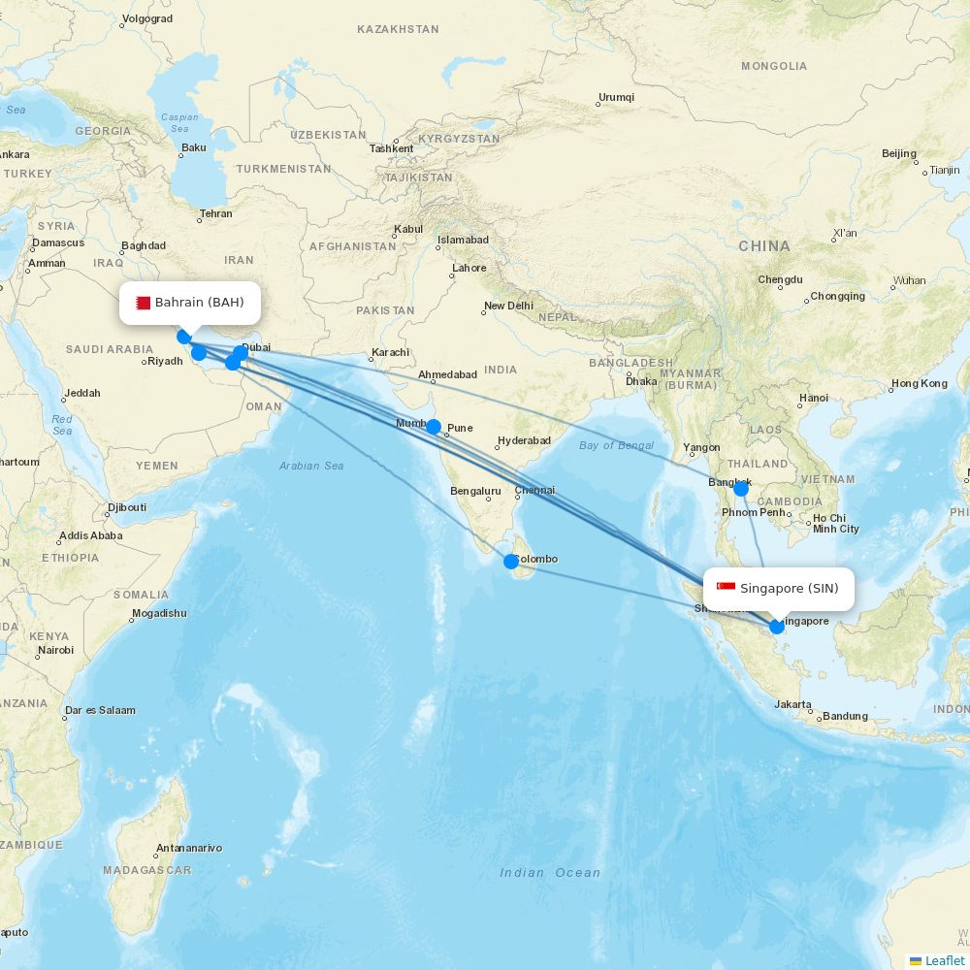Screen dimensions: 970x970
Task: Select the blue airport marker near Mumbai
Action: [434, 427]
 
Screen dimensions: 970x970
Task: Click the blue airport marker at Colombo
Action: [511, 561]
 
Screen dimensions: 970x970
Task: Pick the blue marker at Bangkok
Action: [741, 489]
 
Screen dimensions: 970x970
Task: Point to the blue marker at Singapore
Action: [777, 627]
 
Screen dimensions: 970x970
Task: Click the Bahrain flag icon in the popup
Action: [143, 303]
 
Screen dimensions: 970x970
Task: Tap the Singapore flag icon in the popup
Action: [726, 588]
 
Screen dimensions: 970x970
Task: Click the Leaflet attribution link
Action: [944, 960]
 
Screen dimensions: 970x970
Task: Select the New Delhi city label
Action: [509, 306]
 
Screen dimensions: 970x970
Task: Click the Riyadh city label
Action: [165, 361]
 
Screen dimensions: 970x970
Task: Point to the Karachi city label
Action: [391, 352]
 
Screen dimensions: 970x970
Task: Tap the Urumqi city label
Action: [616, 97]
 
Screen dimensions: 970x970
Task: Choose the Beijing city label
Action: [899, 153]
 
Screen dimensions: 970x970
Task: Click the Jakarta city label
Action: [792, 704]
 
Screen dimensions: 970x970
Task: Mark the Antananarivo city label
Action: [189, 848]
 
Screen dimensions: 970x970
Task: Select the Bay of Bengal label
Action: [616, 445]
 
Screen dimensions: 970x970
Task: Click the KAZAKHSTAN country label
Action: [398, 29]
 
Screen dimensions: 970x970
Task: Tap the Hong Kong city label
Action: [920, 383]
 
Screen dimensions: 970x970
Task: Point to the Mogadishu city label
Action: [159, 613]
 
